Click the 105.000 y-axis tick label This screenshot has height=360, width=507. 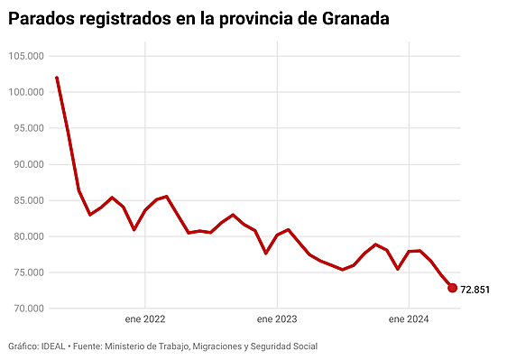(x=26, y=56)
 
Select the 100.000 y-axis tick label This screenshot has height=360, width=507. (x=26, y=92)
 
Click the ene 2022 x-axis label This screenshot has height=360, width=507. (x=144, y=319)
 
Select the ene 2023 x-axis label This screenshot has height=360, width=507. (x=277, y=319)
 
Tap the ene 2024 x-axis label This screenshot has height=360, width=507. (x=409, y=319)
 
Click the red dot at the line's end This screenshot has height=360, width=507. (x=452, y=288)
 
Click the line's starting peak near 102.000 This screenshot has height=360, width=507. (x=57, y=78)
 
